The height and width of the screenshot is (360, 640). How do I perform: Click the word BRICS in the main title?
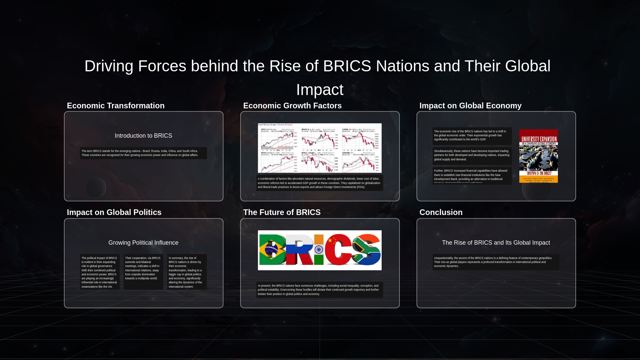point(347,66)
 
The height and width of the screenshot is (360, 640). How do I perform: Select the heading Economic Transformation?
point(116,106)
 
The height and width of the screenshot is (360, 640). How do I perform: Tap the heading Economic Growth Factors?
point(292,106)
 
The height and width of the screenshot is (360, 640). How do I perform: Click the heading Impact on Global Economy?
point(470,106)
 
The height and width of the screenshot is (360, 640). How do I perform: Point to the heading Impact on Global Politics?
point(114,212)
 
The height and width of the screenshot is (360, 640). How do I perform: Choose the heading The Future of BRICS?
point(282,212)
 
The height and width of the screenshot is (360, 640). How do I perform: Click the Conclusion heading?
point(441,212)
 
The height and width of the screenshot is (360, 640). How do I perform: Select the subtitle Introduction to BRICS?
point(143,136)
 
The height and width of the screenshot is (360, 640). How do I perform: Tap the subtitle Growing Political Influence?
point(143,243)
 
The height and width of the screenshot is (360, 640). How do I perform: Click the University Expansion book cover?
point(538,156)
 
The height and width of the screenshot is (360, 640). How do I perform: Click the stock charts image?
point(319,148)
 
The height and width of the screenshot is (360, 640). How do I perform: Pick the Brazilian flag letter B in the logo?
point(272,250)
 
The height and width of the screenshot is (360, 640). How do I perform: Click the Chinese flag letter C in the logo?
point(337,250)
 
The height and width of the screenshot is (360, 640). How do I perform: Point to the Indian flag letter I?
point(319,250)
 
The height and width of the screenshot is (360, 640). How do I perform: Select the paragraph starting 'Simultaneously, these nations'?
point(472,155)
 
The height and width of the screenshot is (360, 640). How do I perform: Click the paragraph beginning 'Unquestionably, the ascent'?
point(496,262)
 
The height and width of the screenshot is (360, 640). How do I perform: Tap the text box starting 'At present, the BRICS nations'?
point(319,290)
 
